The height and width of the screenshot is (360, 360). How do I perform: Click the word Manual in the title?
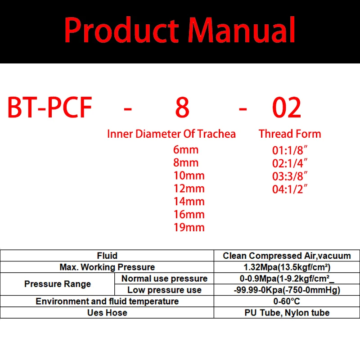(x=242, y=30)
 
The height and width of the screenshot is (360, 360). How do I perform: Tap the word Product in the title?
(x=121, y=30)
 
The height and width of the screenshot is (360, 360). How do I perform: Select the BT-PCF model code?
(x=49, y=108)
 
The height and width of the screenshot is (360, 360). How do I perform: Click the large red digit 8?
(x=182, y=108)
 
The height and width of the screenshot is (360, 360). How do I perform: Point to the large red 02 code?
(x=287, y=108)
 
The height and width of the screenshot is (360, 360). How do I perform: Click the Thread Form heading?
(x=290, y=134)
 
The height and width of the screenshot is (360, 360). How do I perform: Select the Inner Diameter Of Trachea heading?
(x=171, y=134)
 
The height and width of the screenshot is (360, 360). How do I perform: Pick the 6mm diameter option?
(x=186, y=150)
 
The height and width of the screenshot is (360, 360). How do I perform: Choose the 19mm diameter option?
(x=189, y=227)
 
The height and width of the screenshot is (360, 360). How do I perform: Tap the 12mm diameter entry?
(x=189, y=189)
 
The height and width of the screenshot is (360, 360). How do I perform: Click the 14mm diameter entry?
(x=189, y=201)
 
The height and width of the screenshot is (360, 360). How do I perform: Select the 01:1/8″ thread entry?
(x=289, y=150)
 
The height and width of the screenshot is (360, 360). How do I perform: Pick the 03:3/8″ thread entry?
(x=289, y=176)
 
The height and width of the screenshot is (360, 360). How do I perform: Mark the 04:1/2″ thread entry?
(x=289, y=189)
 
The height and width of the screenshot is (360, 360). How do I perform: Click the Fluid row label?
(x=107, y=256)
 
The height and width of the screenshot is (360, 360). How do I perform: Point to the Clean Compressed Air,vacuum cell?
(x=287, y=256)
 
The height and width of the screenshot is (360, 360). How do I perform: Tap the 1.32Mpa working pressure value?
(x=287, y=267)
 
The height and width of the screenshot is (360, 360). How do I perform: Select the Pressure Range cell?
(x=58, y=284)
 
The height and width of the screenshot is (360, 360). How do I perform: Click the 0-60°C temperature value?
(x=287, y=301)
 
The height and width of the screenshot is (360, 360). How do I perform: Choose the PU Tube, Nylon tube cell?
(x=287, y=313)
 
